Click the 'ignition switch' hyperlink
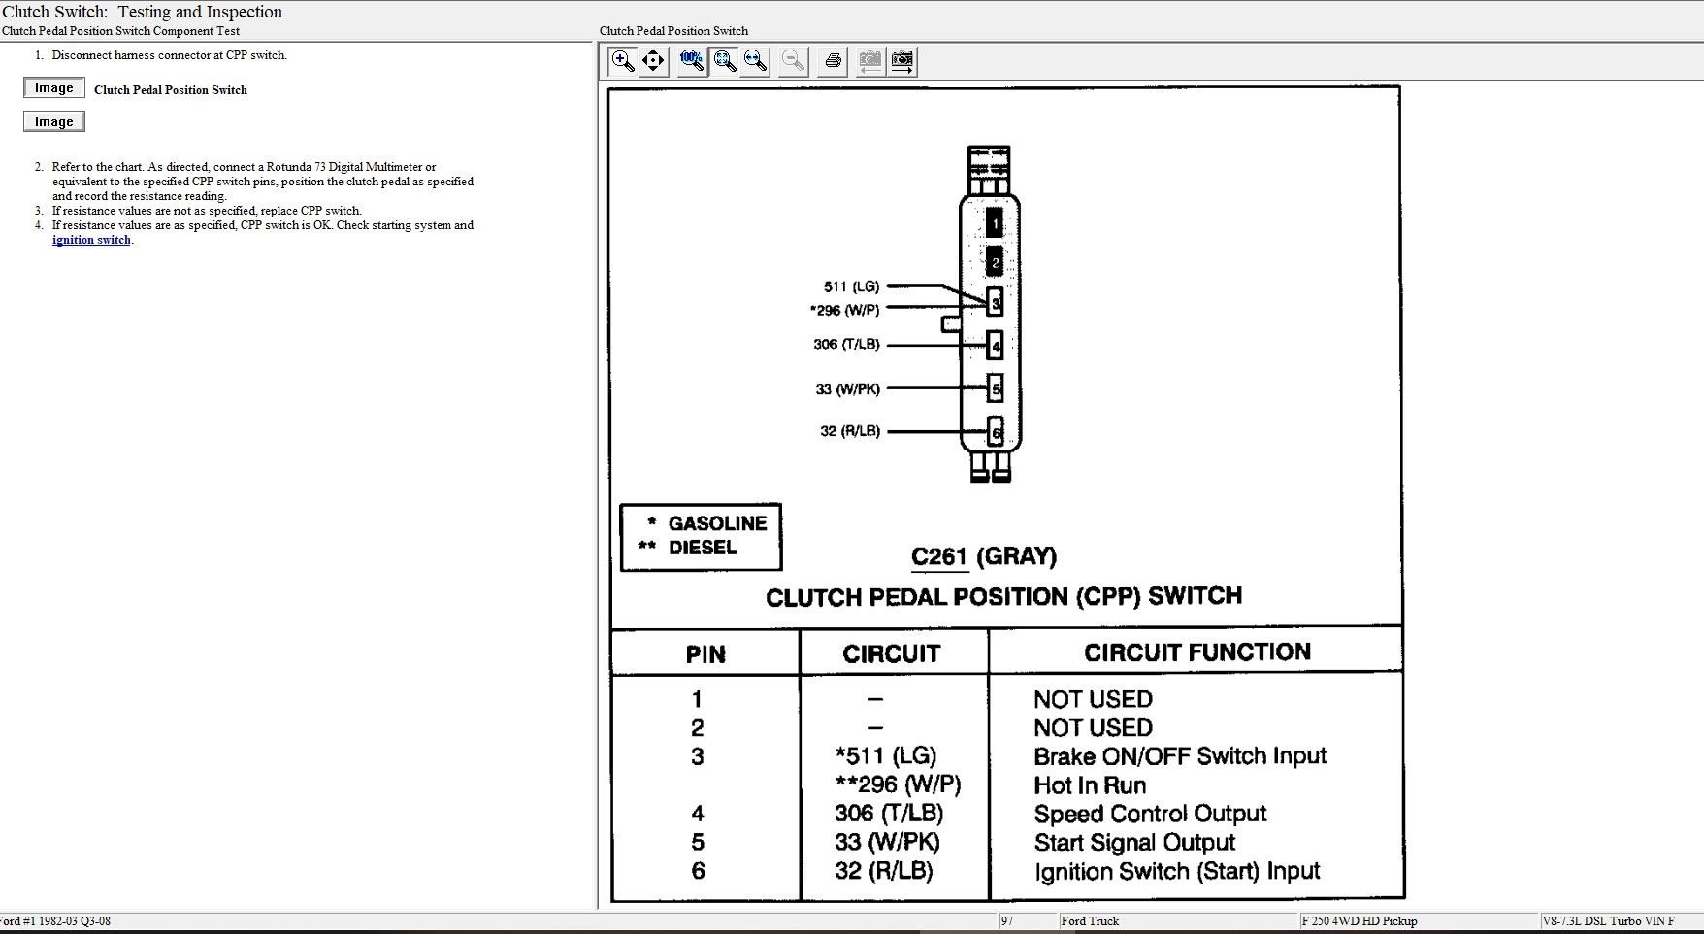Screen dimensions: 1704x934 [91, 240]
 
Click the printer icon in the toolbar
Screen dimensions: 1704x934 [832, 61]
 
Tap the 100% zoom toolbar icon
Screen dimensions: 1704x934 [691, 60]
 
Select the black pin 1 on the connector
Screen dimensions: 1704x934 [995, 223]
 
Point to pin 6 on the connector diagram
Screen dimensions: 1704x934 [995, 432]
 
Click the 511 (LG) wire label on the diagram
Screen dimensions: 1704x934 [851, 286]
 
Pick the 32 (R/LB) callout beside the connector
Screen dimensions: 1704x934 [850, 431]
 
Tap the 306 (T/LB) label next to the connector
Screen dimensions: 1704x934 [846, 345]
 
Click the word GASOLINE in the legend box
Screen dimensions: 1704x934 [717, 523]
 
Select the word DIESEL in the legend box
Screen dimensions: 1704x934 [703, 548]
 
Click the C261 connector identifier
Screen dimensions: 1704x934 [939, 557]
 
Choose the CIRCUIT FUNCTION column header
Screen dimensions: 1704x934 [1197, 652]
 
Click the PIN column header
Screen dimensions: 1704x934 [705, 654]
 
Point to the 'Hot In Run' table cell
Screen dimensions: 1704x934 [1090, 785]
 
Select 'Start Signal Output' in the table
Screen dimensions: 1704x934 [1134, 843]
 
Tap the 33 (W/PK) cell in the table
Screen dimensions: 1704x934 [887, 843]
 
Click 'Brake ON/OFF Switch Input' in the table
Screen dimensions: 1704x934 [1180, 756]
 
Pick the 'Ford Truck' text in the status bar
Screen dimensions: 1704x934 [1090, 921]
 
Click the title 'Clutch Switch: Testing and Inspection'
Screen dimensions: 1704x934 [143, 12]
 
